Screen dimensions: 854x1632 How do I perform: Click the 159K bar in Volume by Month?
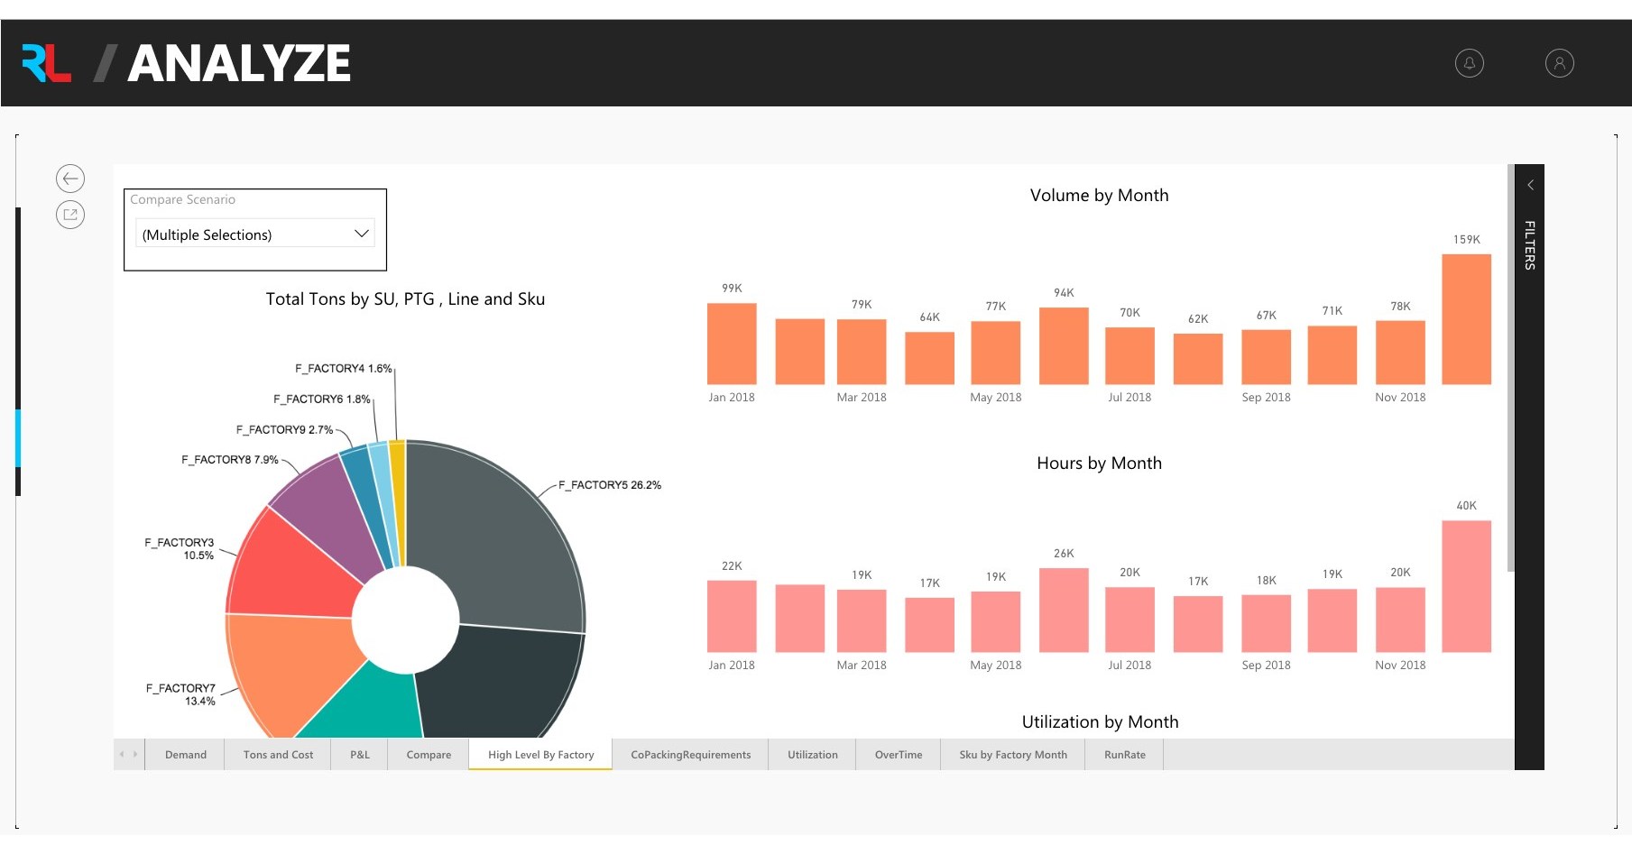(1466, 319)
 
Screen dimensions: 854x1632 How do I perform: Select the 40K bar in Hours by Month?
(1466, 586)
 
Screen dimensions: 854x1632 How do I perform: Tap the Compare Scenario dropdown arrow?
(362, 234)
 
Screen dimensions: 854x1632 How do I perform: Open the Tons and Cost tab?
(278, 755)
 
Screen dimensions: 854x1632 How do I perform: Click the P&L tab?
(360, 755)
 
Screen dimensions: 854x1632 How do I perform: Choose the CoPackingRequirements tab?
(690, 755)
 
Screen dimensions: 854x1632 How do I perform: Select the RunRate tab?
(1124, 755)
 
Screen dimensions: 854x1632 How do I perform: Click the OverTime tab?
(898, 755)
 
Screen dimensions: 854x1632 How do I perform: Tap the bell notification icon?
(1469, 63)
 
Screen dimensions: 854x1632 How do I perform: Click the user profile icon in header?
(1559, 63)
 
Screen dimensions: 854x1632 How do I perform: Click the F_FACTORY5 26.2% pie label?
(609, 485)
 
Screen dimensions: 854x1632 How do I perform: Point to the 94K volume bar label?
(1064, 293)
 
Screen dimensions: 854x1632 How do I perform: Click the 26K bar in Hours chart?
(1064, 610)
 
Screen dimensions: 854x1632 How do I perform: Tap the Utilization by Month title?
(1099, 721)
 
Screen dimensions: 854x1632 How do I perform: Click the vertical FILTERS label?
(1529, 244)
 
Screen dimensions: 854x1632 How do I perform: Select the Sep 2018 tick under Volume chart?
(1266, 398)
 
